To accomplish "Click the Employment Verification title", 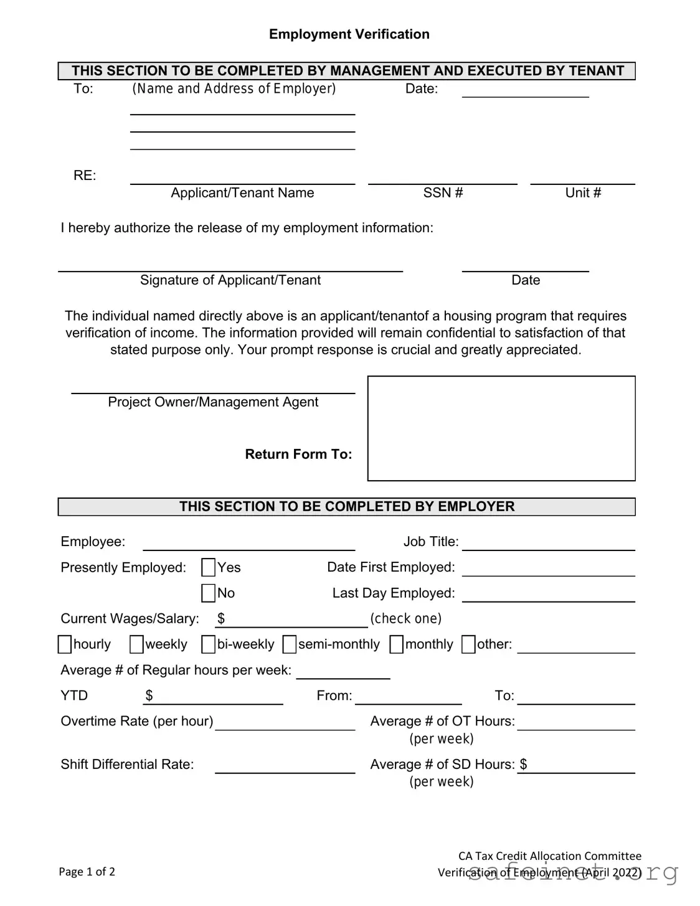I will pos(349,34).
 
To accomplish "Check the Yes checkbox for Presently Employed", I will pos(209,567).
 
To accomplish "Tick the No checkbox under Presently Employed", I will pos(209,593).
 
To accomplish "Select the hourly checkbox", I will pos(65,644).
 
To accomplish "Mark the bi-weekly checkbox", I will pos(209,644).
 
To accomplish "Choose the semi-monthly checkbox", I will pos(290,644).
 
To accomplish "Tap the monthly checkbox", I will pos(397,644).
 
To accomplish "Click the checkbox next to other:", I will pos(468,644).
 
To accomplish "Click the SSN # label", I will pos(443,193).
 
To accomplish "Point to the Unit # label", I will pos(583,193).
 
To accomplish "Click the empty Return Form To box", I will pos(501,428).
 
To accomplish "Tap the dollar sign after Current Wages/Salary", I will pos(221,618).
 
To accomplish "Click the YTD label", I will pos(74,696).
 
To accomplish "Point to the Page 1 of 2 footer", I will pos(87,871).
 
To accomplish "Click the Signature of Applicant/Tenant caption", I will pos(230,280).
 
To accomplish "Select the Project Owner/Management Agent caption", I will pos(213,402).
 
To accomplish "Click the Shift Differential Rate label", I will pos(127,764).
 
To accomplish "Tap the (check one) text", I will pos(406,618).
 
